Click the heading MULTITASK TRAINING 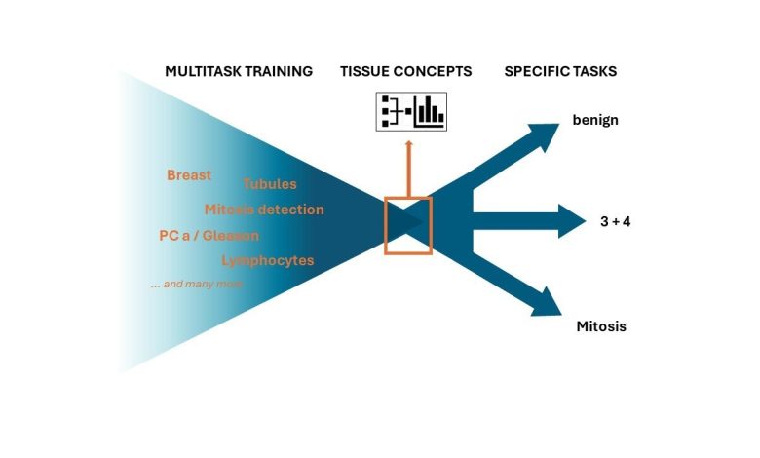tap(239, 71)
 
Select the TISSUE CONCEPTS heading tap(405, 71)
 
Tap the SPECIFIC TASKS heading tap(560, 71)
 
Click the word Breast tap(189, 175)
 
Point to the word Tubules tap(270, 183)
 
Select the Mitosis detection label tap(264, 210)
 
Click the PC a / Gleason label tap(209, 236)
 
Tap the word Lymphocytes tap(268, 261)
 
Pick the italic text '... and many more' tap(196, 284)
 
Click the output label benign tap(595, 120)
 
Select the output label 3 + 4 tap(615, 221)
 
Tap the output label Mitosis tap(601, 326)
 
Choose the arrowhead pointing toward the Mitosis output tap(547, 303)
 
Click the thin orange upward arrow tap(408, 169)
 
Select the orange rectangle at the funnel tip tap(385, 225)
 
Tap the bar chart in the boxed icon tap(430, 111)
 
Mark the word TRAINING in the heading tap(278, 71)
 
